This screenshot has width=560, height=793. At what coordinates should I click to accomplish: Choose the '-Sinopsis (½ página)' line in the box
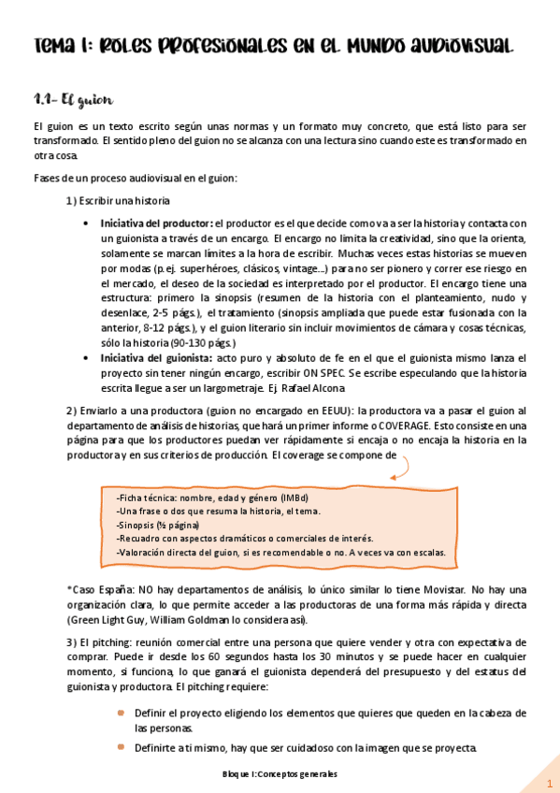click(x=158, y=525)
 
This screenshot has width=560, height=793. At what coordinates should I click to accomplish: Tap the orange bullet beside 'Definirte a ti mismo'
click(x=121, y=747)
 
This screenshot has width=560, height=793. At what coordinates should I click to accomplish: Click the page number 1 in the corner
click(x=550, y=782)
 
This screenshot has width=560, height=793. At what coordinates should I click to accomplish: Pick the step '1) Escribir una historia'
click(x=119, y=201)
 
